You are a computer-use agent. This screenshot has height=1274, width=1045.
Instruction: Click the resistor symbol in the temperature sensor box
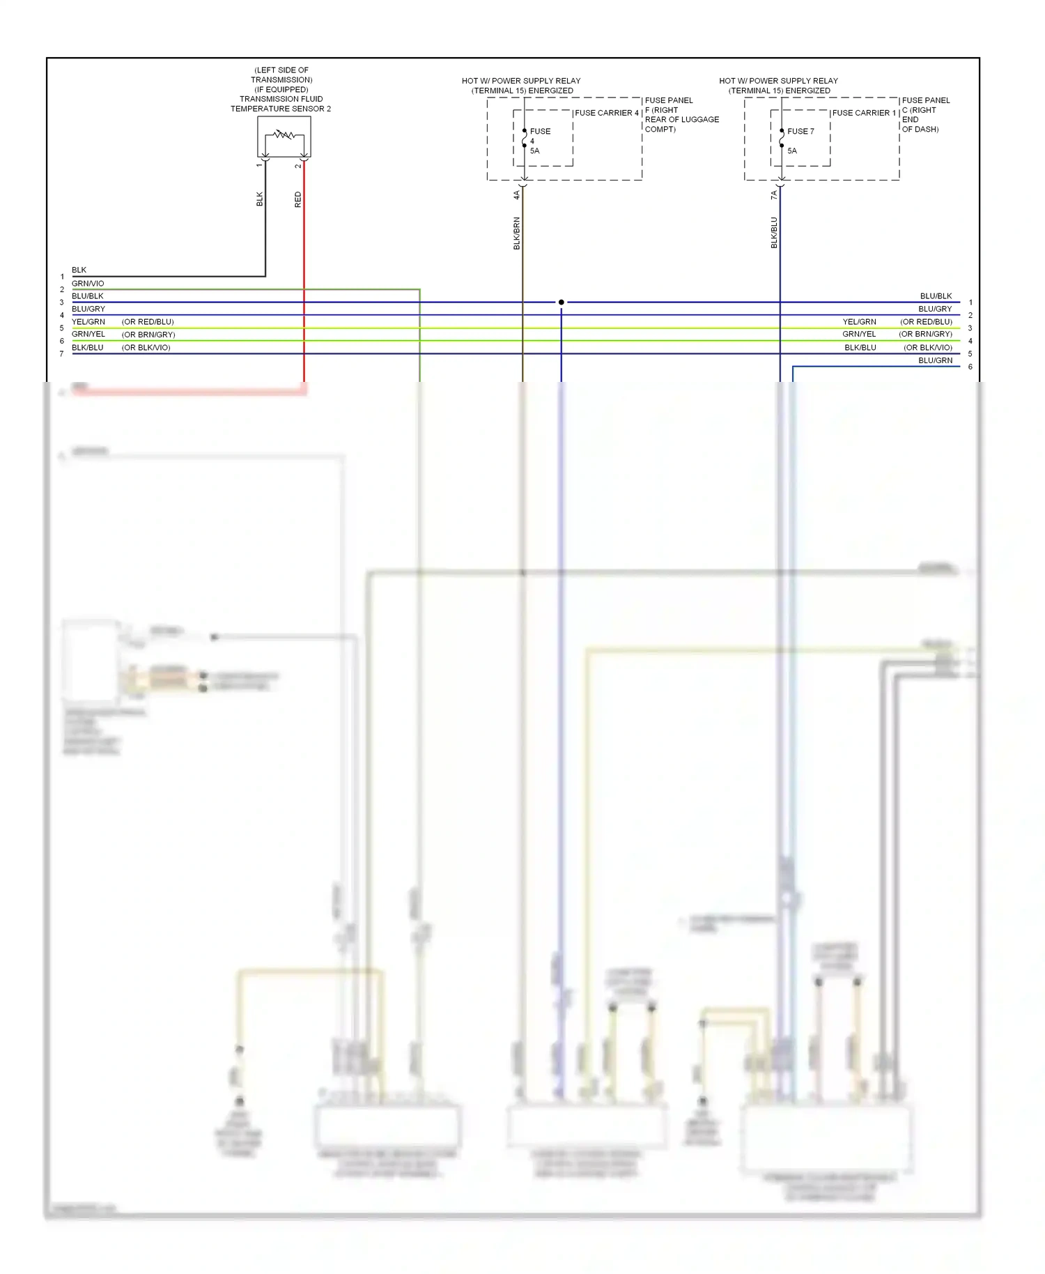tap(284, 135)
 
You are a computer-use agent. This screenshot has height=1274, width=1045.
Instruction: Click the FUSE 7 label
tap(800, 131)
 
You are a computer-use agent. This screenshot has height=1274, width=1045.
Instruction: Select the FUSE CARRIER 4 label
tap(606, 113)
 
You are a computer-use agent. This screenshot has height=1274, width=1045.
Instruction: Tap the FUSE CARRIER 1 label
tap(864, 113)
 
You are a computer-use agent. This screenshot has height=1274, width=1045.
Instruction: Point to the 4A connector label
tap(517, 195)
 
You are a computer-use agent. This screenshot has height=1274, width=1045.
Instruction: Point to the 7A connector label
tap(774, 195)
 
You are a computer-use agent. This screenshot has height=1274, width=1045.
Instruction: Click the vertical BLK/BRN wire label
tap(517, 233)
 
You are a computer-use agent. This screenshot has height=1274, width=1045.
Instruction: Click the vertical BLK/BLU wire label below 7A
tap(774, 233)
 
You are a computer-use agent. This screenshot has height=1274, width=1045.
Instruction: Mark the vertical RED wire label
tap(298, 199)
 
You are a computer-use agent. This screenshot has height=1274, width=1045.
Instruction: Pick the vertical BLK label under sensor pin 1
tap(260, 199)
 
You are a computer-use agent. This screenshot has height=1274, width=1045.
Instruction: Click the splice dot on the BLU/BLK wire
tap(561, 302)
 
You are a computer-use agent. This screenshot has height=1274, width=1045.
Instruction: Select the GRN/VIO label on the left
tap(88, 284)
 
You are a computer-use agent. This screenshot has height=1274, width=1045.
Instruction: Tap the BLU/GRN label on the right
tap(935, 360)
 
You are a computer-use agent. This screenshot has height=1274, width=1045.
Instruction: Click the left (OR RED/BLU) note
tap(148, 322)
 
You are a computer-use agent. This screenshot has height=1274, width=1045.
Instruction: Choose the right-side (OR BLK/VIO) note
tap(927, 348)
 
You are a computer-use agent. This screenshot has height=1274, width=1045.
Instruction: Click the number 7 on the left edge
tap(62, 354)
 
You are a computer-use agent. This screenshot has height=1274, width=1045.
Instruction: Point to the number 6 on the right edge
tap(970, 367)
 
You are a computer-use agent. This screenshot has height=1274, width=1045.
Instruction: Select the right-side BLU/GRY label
tap(935, 309)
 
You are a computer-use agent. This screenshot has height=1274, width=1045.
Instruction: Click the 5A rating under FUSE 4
tap(534, 151)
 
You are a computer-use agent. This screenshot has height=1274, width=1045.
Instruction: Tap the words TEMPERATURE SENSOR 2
tap(281, 109)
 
